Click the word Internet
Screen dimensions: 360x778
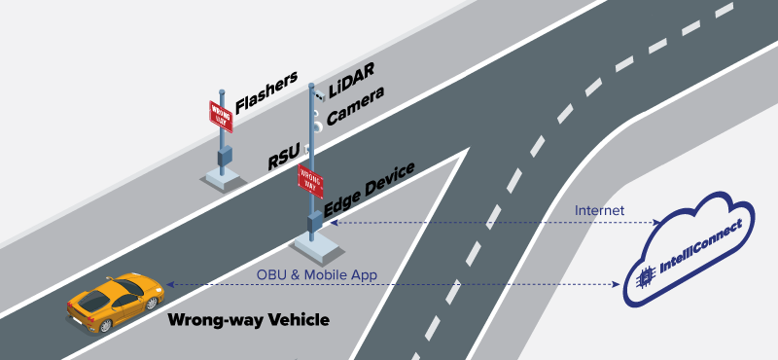point(600,210)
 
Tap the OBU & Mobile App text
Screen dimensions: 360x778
point(317,274)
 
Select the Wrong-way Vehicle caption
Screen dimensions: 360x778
point(249,319)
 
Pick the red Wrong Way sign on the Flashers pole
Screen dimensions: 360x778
point(222,115)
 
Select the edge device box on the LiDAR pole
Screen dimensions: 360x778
point(314,222)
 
